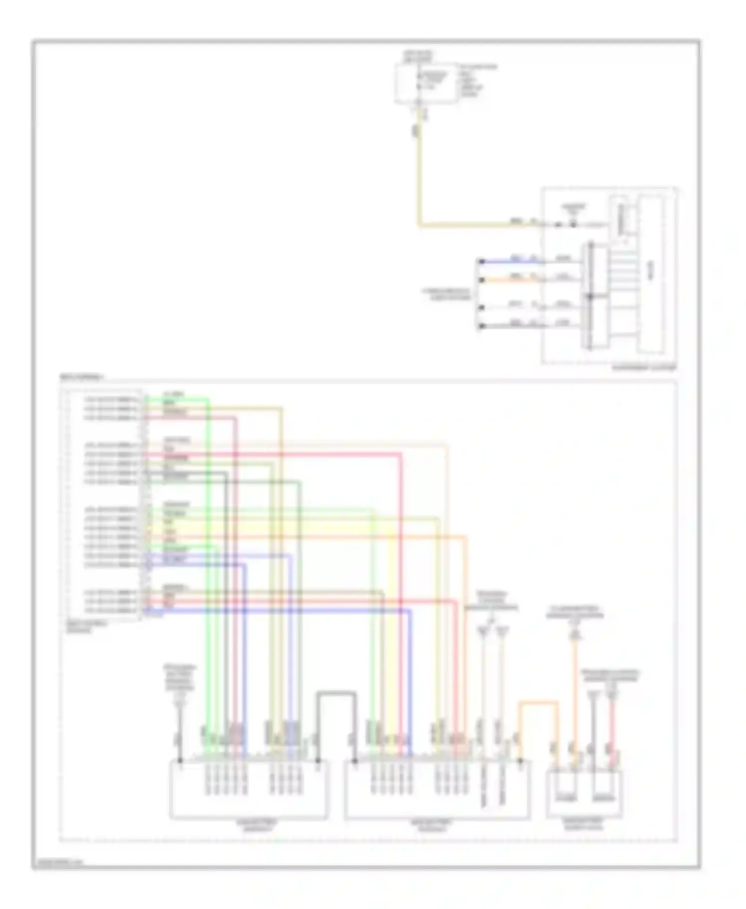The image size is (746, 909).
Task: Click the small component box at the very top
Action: (425, 83)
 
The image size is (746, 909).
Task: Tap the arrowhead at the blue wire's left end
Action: (480, 261)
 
